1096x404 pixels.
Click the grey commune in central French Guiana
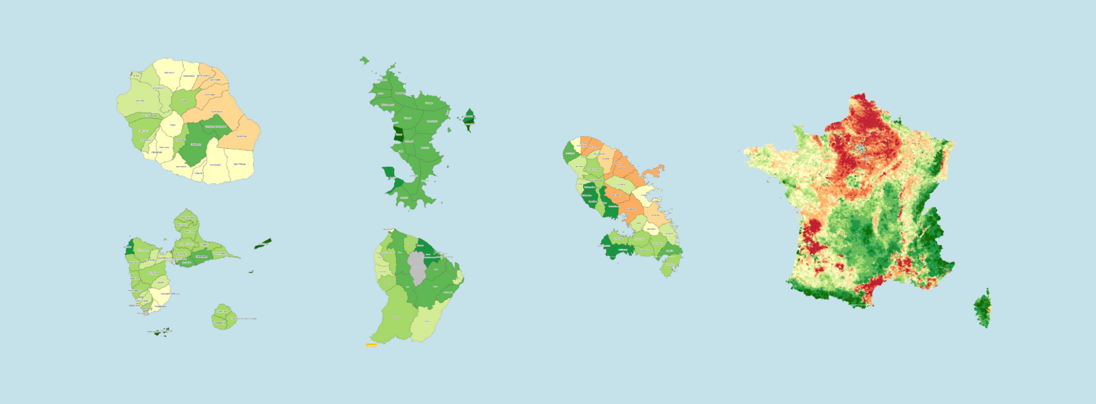(417, 268)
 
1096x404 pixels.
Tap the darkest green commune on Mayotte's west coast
(398, 135)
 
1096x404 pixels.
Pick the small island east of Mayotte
(469, 117)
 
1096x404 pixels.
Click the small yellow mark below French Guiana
(371, 345)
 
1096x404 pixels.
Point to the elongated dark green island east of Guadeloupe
(263, 244)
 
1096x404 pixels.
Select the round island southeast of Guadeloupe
(223, 317)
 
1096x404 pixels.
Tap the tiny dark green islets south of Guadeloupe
(162, 332)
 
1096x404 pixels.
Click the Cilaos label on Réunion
(172, 125)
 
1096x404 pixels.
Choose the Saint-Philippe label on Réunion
(239, 164)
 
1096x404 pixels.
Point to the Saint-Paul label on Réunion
(140, 101)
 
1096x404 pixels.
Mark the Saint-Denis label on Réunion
(169, 72)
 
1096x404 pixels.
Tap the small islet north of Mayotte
(364, 60)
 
